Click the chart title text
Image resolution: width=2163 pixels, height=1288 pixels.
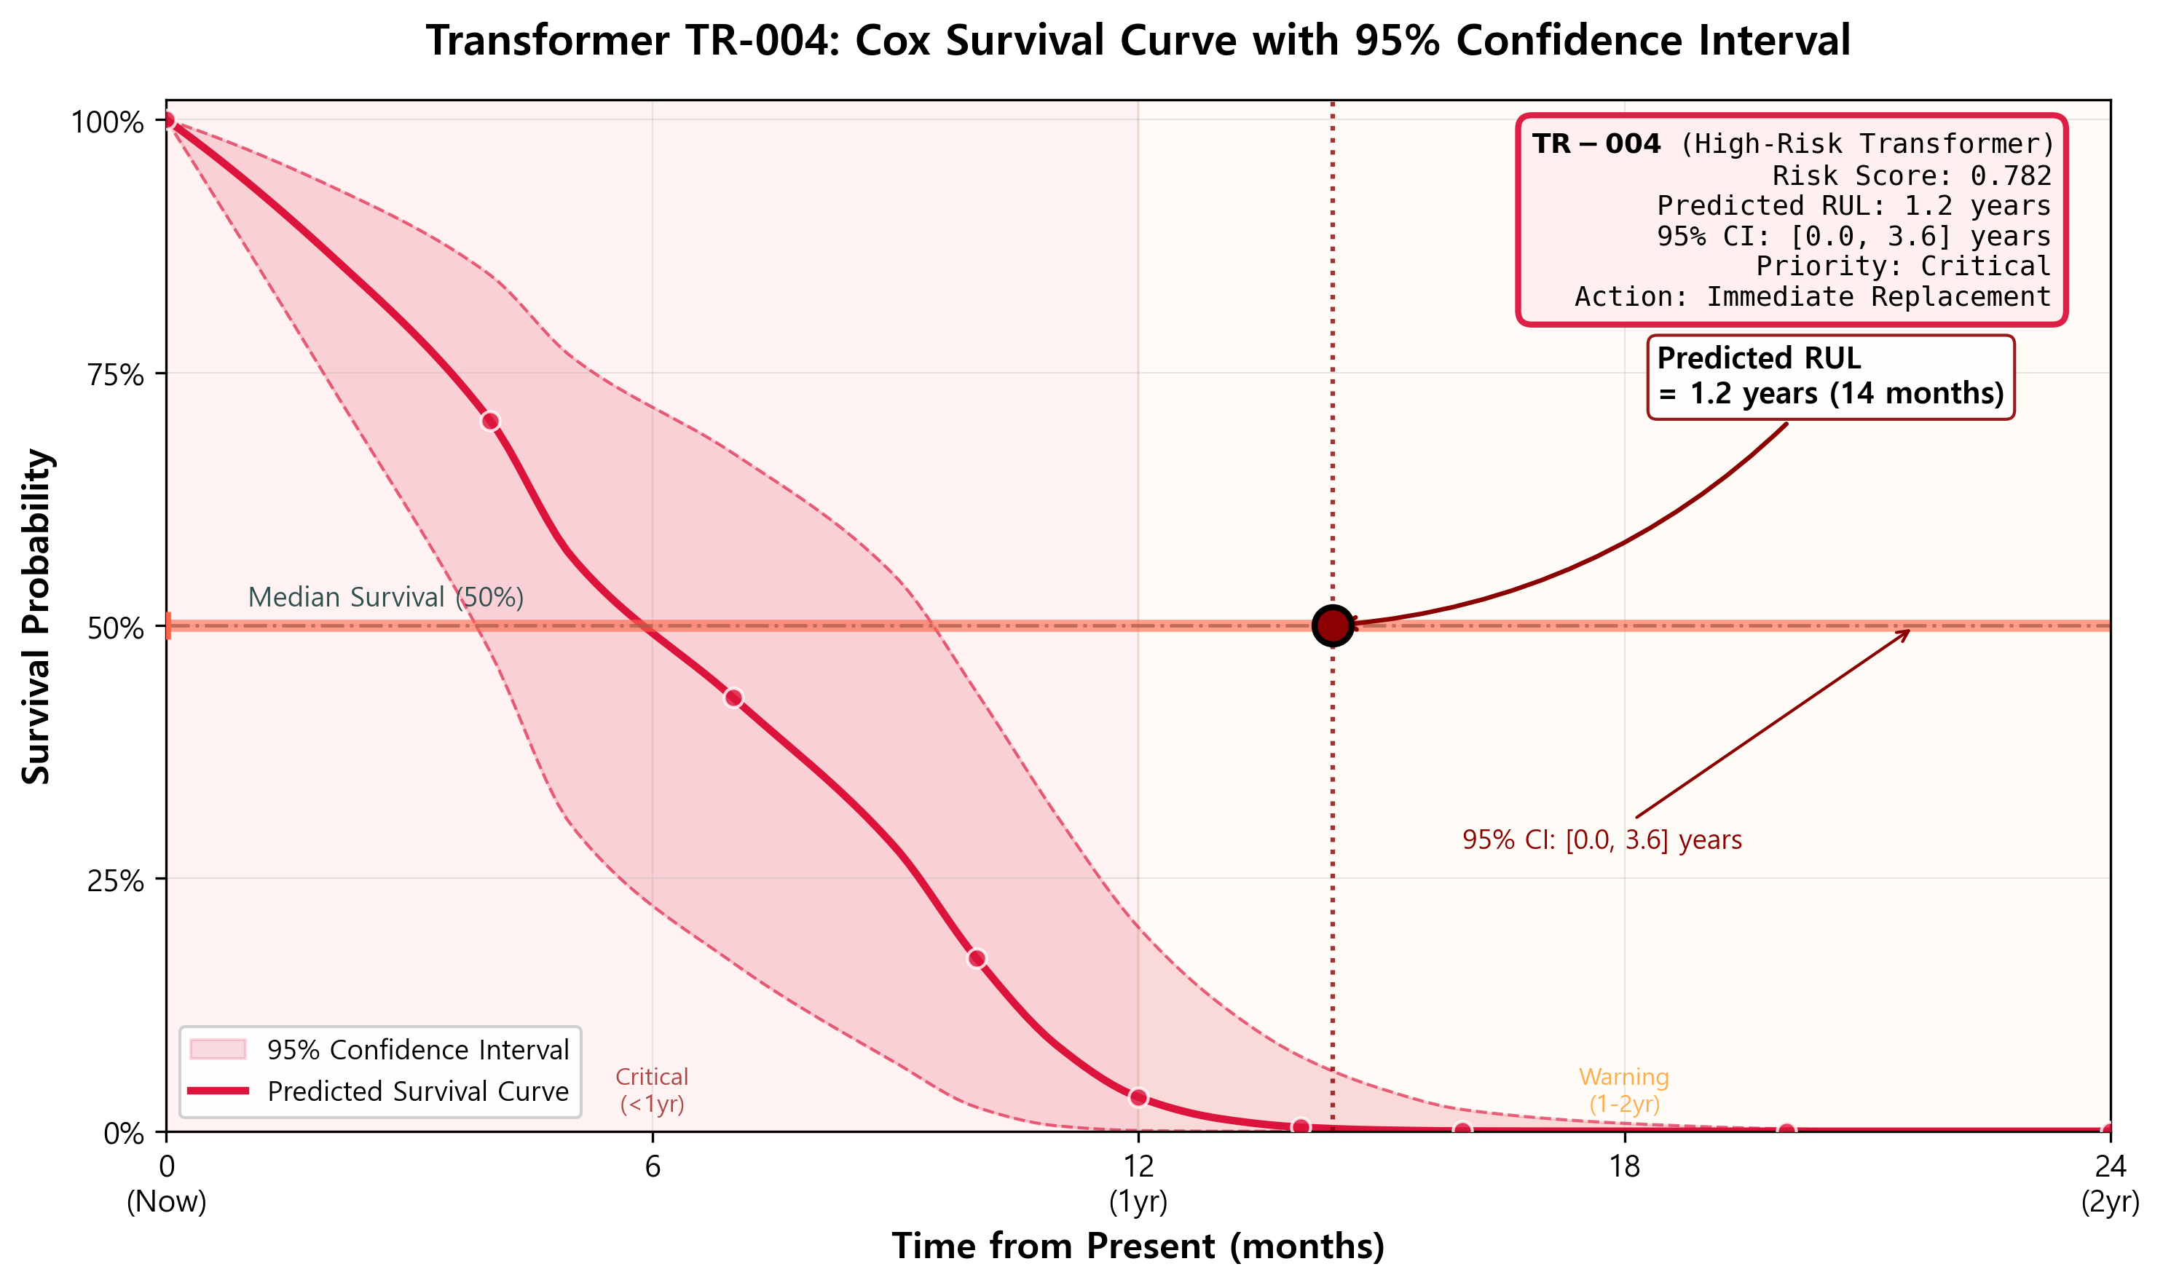coord(1138,41)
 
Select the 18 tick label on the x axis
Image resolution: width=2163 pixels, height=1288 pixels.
coord(1624,1166)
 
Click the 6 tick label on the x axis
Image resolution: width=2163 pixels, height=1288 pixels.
coord(652,1166)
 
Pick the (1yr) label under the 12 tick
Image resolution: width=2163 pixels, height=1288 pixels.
coord(1138,1202)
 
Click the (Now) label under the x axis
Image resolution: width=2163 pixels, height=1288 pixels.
coord(167,1202)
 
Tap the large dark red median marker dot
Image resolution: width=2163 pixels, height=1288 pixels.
coord(1332,625)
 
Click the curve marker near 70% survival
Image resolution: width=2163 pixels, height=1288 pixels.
coord(490,422)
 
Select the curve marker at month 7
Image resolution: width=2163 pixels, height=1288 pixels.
coord(733,698)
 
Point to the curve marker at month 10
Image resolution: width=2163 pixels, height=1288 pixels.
coord(977,959)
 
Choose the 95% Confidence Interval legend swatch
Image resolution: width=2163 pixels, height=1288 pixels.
coord(218,1049)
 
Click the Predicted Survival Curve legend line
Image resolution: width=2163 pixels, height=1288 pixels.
coord(218,1091)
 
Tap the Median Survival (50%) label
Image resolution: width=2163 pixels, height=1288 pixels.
coord(385,597)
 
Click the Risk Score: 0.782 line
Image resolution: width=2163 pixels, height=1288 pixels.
coord(1910,176)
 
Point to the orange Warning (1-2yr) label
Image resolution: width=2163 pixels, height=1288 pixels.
coord(1624,1090)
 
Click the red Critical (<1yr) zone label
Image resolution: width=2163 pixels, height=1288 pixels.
coord(652,1090)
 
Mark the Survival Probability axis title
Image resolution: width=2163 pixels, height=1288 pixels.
coord(36,616)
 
